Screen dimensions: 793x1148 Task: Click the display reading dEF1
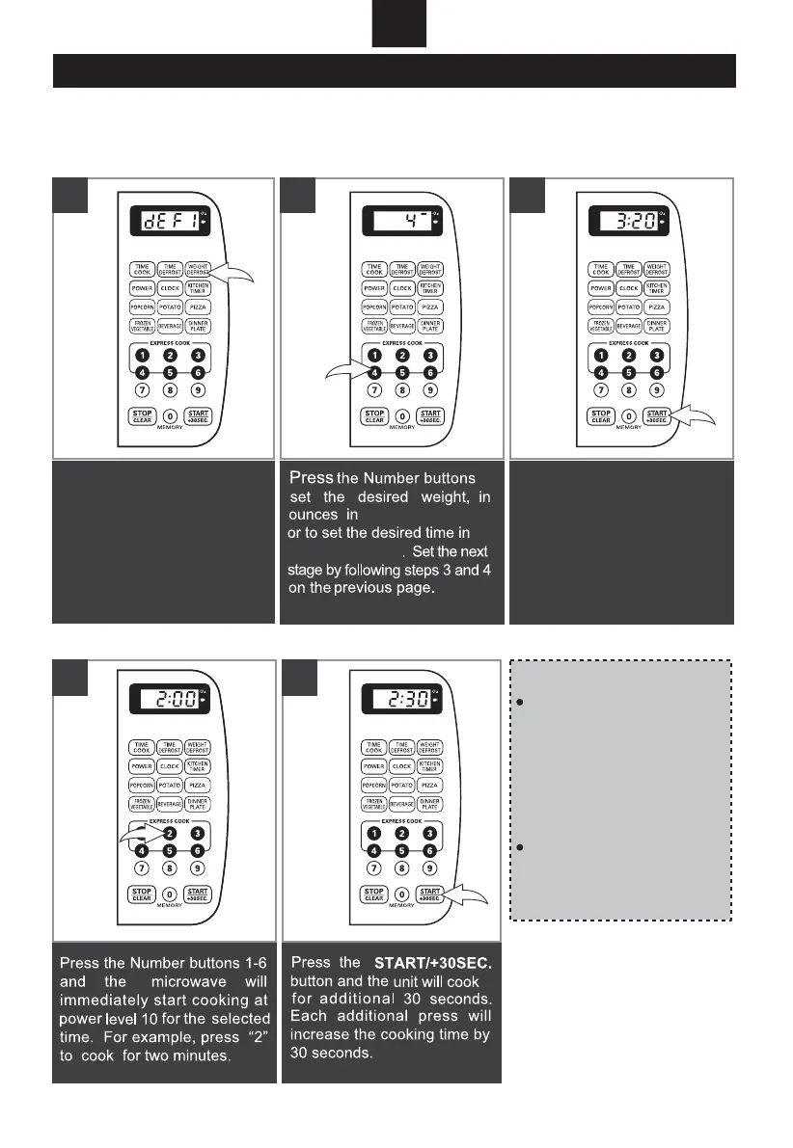(x=167, y=221)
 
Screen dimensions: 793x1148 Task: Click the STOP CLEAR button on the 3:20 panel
(x=601, y=416)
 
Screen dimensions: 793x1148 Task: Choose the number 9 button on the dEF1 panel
(x=198, y=391)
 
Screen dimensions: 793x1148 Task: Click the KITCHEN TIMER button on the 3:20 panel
(x=657, y=287)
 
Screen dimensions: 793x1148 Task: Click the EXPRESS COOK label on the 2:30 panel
(x=399, y=821)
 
